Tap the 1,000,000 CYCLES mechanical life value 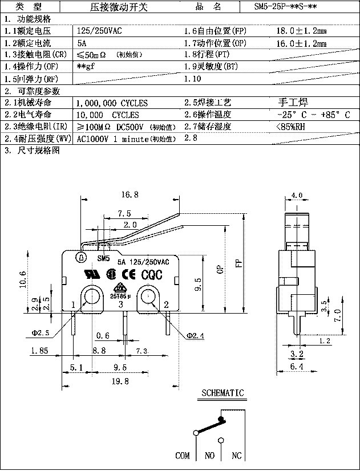[112, 103]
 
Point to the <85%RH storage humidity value [290, 127]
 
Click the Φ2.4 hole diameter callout [196, 335]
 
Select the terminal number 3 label [120, 305]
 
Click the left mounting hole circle [91, 296]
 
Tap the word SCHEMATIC [223, 393]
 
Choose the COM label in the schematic [183, 456]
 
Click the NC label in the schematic [236, 456]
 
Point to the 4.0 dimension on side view [297, 195]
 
